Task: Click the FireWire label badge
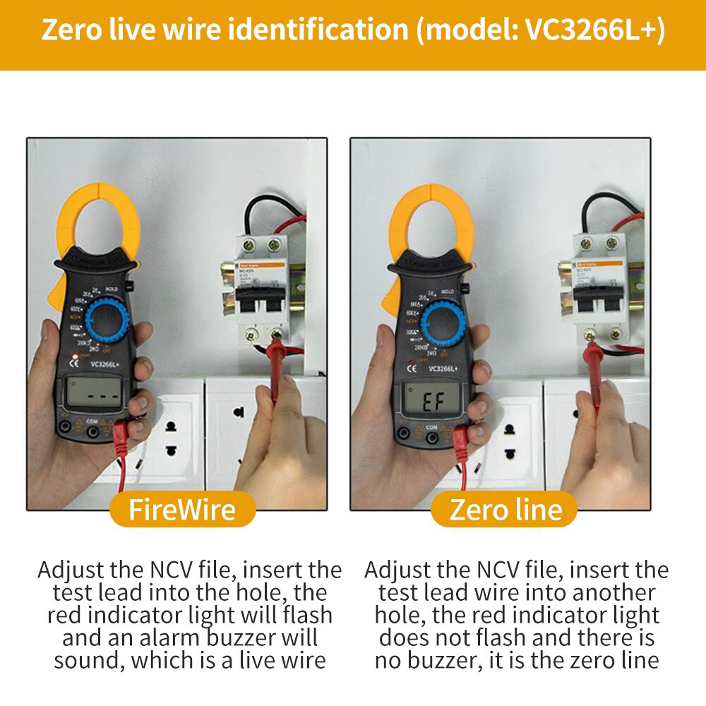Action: coord(182,509)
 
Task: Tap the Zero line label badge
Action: coord(505,509)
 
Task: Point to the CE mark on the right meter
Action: coord(412,368)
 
